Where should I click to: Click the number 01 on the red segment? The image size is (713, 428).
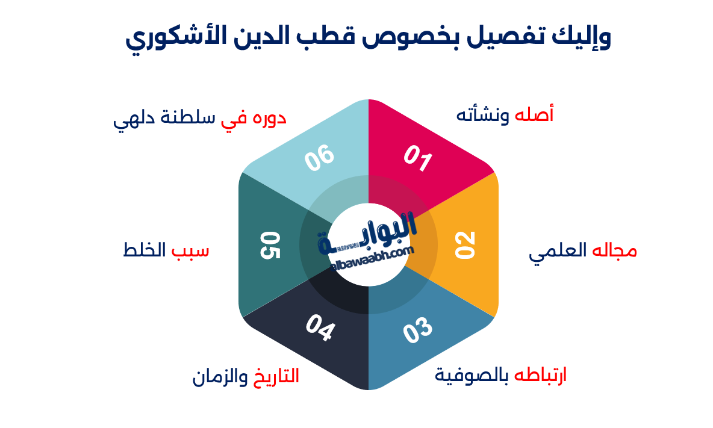[x=418, y=159]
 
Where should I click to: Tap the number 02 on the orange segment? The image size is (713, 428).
[x=465, y=244]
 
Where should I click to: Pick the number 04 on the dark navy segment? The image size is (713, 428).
[x=320, y=328]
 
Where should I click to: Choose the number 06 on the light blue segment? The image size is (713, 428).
[x=319, y=158]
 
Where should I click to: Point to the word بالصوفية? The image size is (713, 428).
[x=472, y=376]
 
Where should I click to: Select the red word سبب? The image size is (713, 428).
[x=191, y=249]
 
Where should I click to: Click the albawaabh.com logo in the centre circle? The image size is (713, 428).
[x=368, y=244]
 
